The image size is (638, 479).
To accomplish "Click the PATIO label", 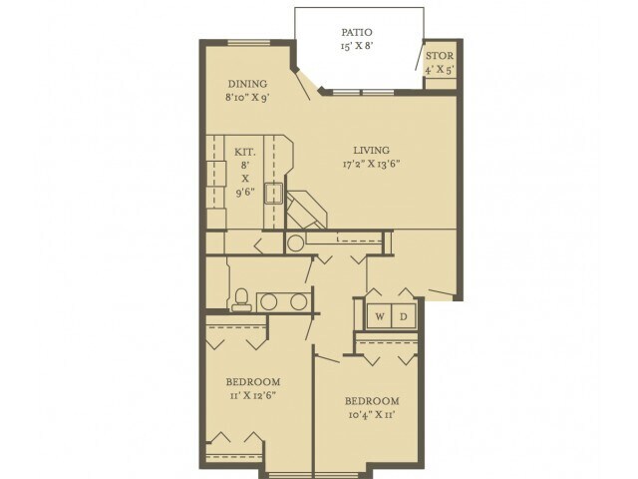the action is tap(357, 32).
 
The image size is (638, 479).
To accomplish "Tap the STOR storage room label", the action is tap(440, 56).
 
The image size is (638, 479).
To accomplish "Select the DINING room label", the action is tap(247, 84).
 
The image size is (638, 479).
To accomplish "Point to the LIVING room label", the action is tap(371, 151).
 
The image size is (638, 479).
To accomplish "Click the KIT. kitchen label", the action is tap(245, 153).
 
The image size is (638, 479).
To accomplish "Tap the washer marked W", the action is tap(379, 316).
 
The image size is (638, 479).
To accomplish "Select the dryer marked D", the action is tap(403, 316).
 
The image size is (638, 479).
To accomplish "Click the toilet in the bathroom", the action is tap(241, 299).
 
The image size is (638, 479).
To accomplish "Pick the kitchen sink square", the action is tap(273, 193).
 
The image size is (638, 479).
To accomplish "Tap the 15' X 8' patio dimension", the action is tap(357, 46).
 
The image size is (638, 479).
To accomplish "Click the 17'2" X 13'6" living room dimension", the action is tap(371, 164).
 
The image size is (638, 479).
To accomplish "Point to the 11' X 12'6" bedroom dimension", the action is tap(252, 395).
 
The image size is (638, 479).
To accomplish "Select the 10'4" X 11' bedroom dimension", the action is tap(372, 415).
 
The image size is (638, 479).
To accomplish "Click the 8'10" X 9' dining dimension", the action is tap(247, 98).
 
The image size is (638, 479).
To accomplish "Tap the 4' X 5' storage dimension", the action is tap(440, 70).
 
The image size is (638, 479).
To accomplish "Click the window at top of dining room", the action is tap(248, 42).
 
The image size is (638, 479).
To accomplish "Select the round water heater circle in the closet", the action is tap(295, 243).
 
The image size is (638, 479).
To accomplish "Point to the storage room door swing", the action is tap(420, 56).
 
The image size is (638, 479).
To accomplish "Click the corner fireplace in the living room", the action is tap(306, 209).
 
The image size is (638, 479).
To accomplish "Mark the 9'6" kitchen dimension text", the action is tap(245, 192).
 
